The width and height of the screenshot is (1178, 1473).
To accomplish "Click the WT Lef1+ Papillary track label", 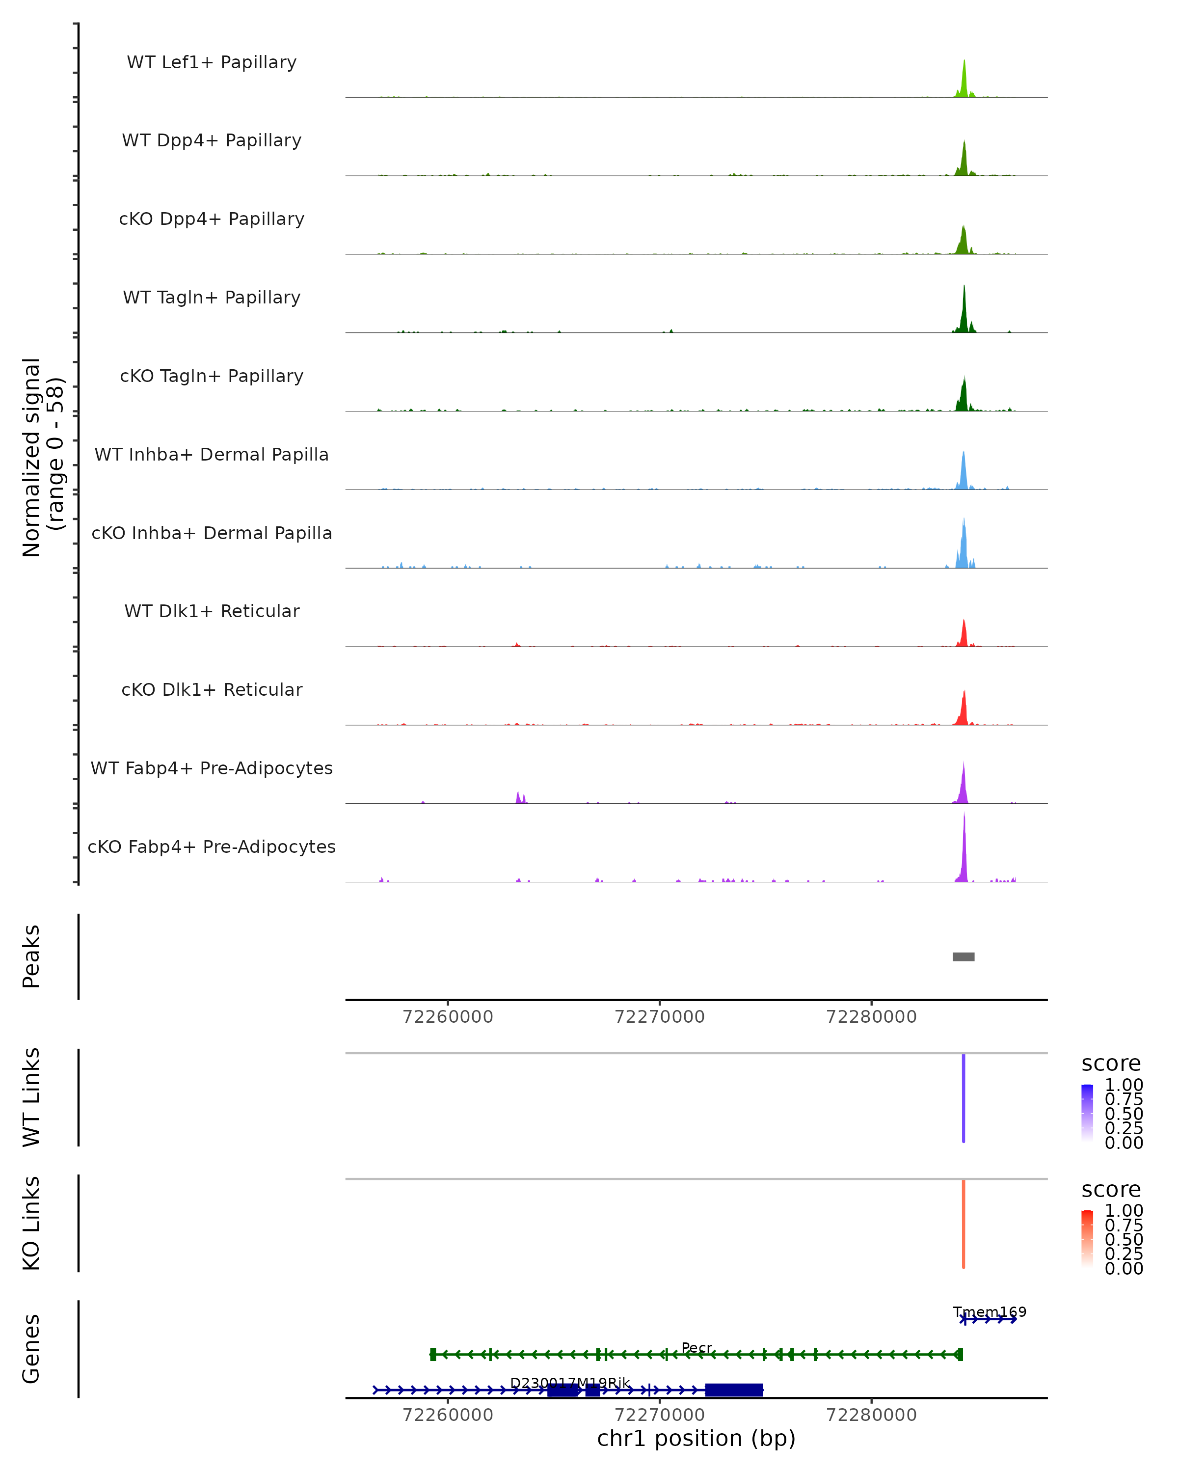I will coord(212,62).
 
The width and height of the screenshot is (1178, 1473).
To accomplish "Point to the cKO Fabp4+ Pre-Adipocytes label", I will coord(212,846).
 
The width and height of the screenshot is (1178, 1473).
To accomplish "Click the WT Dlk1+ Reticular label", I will coord(212,611).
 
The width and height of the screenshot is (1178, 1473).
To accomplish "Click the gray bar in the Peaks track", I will coord(964,956).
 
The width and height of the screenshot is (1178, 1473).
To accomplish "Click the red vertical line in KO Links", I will coord(964,1224).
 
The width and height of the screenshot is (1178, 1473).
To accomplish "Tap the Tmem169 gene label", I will coord(990,1312).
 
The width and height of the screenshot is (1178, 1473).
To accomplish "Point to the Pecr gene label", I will coord(696,1348).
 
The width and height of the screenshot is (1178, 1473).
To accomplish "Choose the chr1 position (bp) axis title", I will coord(696,1439).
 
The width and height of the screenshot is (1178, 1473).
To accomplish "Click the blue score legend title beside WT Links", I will coord(1111,1064).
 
